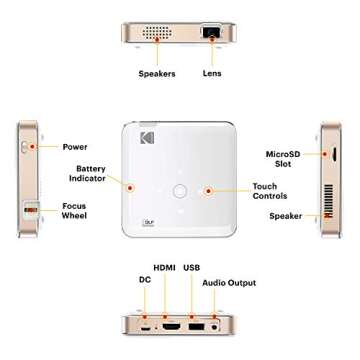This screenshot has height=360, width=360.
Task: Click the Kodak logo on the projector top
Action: [x=147, y=138]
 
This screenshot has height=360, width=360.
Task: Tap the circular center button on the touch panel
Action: [x=180, y=191]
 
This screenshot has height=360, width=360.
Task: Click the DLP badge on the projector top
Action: [x=147, y=223]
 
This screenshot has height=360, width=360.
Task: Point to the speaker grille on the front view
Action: [x=157, y=32]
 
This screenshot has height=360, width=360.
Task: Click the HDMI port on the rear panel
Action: [x=173, y=326]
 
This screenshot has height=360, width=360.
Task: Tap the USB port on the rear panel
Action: [x=196, y=327]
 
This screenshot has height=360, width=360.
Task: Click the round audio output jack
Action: [x=215, y=327]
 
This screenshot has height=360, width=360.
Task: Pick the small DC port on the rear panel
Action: [x=145, y=328]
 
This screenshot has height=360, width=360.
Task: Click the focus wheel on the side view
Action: [x=30, y=210]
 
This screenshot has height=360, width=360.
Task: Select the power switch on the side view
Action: [x=24, y=147]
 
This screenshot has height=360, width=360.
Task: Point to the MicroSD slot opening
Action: [x=334, y=154]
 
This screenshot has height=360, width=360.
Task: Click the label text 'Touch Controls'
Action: [x=270, y=191]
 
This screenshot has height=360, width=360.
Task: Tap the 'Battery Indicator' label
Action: [x=87, y=173]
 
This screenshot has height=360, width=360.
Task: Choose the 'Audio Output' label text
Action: [x=229, y=283]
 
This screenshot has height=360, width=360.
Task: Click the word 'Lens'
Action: [x=212, y=73]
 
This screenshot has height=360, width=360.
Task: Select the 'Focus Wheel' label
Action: [x=74, y=211]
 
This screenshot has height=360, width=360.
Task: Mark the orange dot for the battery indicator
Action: [x=130, y=188]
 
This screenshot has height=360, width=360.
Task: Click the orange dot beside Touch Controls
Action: [x=209, y=191]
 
